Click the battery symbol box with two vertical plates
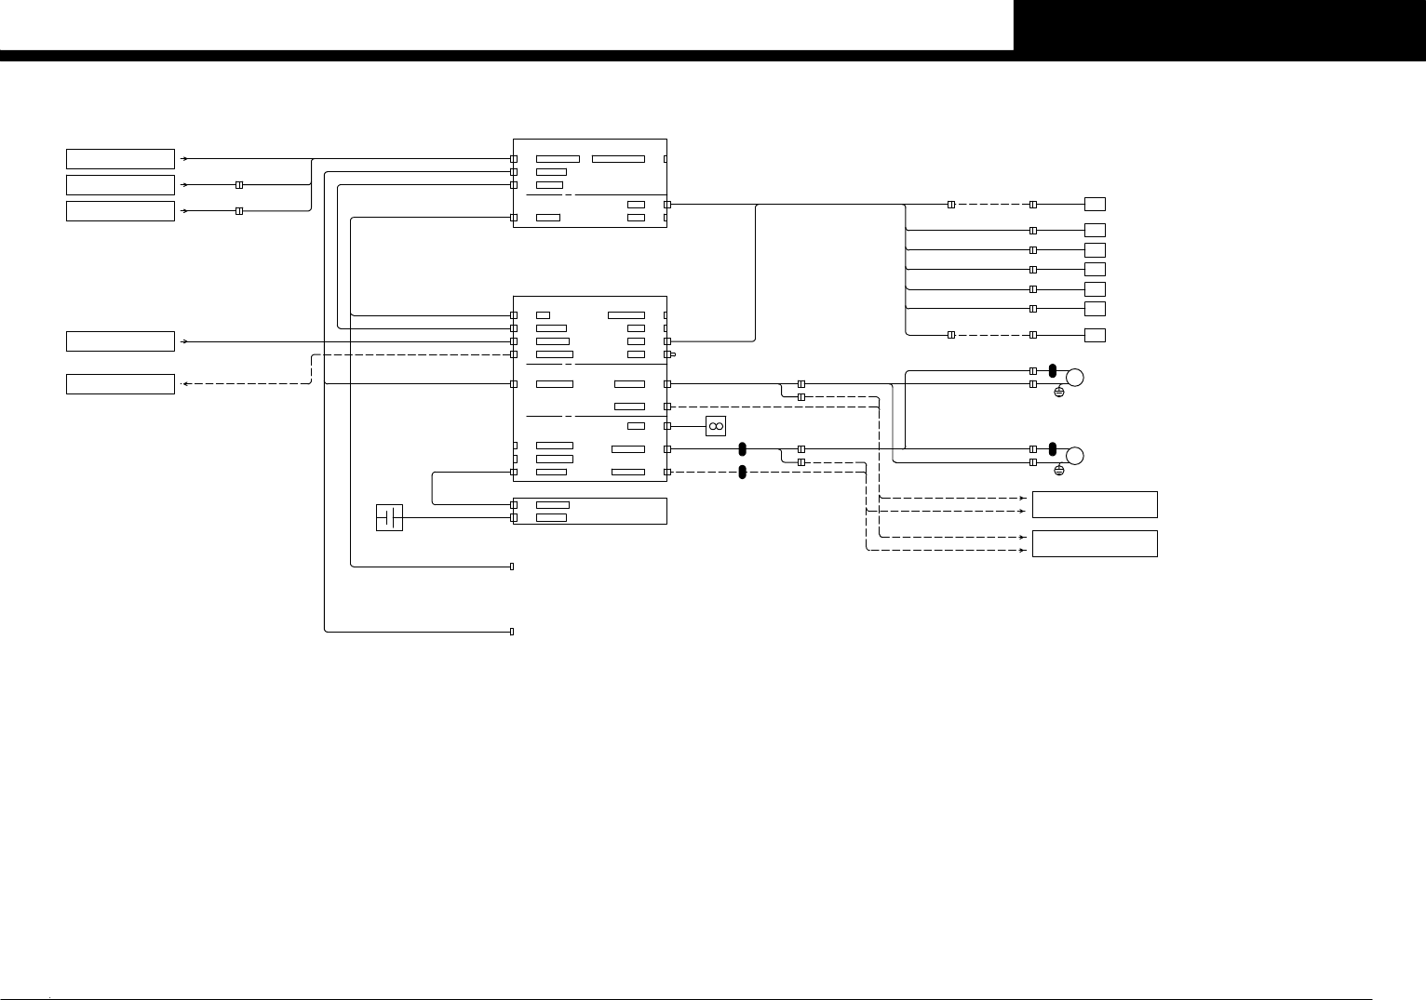pos(389,517)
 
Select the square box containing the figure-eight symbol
pos(716,426)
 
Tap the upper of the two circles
pos(1075,378)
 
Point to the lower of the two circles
pos(1075,456)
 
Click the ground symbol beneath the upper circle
pos(1058,393)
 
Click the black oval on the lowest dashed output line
pos(742,473)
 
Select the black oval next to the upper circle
pos(1053,370)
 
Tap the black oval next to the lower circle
pos(1053,448)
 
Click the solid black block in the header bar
pos(1219,25)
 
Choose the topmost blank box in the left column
pos(120,159)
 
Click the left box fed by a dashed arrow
pos(120,384)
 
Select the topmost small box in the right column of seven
pos(1096,204)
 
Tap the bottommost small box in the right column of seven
pos(1096,335)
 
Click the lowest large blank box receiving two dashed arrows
pos(1095,543)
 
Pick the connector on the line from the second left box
pos(239,185)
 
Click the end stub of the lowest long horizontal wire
pos(512,632)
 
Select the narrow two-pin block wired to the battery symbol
pos(589,511)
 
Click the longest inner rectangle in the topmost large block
pos(618,159)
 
